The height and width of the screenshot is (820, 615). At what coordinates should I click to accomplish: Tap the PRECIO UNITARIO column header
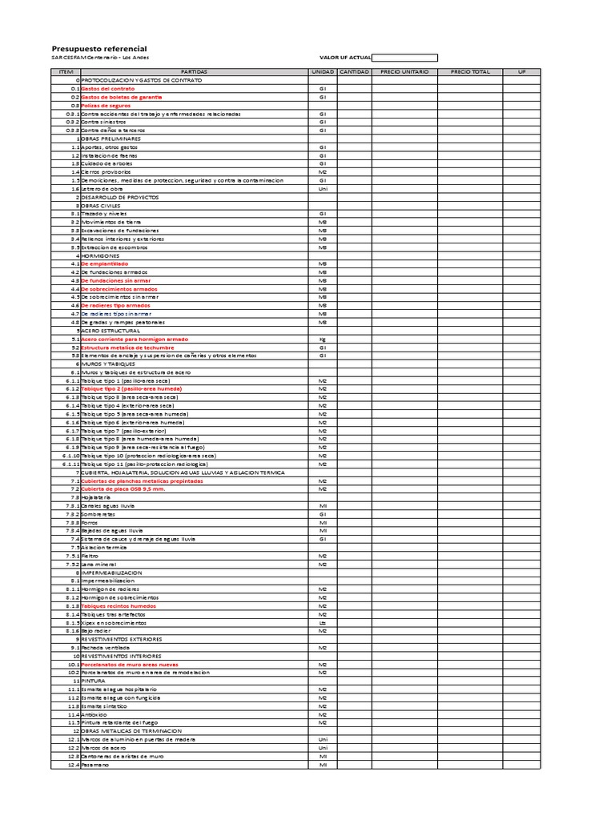(404, 72)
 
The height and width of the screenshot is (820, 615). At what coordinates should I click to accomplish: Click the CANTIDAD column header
(354, 72)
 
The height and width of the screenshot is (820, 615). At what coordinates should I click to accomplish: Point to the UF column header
(522, 72)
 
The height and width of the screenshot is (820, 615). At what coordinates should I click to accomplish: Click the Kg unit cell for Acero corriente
(323, 339)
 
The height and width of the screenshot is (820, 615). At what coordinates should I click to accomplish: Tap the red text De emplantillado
(104, 263)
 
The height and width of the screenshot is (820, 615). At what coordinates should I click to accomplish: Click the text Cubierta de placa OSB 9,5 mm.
(122, 488)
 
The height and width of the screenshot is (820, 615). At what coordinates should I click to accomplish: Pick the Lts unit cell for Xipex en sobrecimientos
(323, 622)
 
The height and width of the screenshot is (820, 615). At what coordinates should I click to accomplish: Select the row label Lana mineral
(98, 564)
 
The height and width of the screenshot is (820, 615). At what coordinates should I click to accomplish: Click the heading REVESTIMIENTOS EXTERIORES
(122, 639)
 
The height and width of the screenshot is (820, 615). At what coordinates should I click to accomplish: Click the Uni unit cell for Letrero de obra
(323, 188)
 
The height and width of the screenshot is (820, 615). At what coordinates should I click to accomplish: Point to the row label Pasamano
(95, 764)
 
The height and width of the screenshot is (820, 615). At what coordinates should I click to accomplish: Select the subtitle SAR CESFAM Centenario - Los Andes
(100, 58)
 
